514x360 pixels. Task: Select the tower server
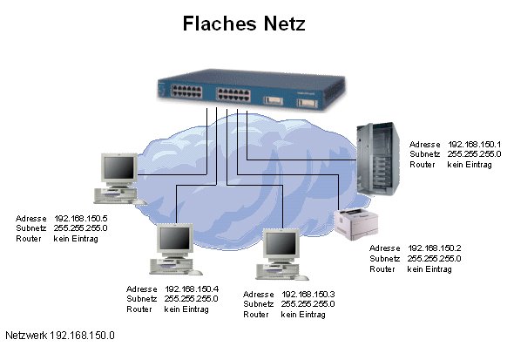coord(377,160)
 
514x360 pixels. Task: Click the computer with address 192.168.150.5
coord(119,179)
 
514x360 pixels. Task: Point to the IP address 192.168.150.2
coord(434,248)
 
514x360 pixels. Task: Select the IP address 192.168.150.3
coord(308,295)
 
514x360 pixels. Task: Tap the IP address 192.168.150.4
coord(191,289)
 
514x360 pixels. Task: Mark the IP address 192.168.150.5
coord(81,217)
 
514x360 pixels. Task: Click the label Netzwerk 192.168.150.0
coord(60,335)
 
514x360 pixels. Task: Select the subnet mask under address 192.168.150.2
coord(434,259)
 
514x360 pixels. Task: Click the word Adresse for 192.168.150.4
coord(141,289)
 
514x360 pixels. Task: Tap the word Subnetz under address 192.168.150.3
coord(259,304)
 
